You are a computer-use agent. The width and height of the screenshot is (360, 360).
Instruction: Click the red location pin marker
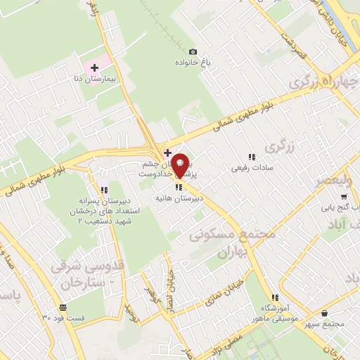point(180,165)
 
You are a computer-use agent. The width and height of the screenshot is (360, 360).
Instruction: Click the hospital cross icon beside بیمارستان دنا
point(94,67)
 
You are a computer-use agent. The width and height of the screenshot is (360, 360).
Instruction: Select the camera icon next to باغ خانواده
point(193,51)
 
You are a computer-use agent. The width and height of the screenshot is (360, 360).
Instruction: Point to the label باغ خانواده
point(193,62)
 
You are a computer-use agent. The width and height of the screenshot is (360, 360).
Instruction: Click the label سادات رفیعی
point(251,169)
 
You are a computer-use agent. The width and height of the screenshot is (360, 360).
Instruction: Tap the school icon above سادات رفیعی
point(251,157)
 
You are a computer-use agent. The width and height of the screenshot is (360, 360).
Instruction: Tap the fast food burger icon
point(63,307)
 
